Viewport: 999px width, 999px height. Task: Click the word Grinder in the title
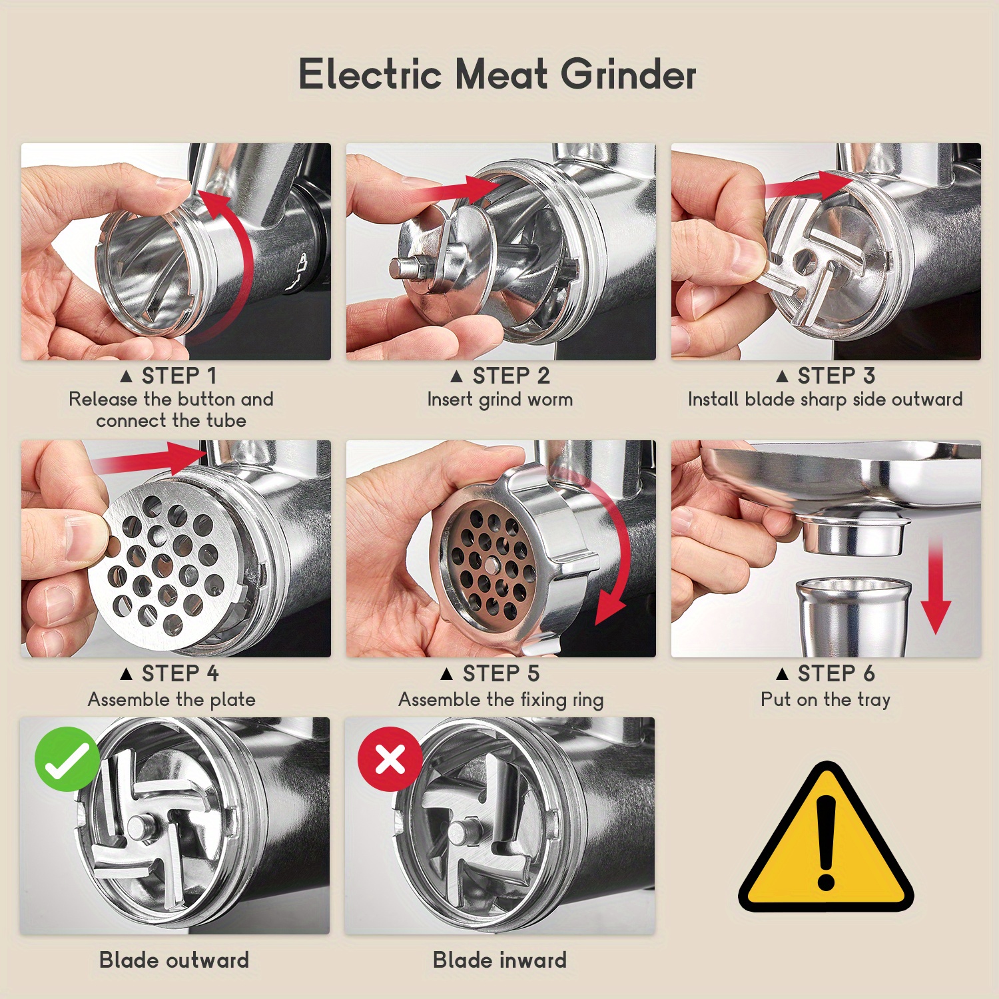click(628, 74)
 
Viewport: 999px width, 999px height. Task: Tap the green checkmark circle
click(67, 759)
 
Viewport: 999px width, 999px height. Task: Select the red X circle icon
click(390, 759)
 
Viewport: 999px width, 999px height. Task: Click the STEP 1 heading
click(169, 376)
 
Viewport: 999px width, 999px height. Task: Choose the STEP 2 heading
click(500, 376)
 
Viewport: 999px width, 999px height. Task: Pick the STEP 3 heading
click(826, 376)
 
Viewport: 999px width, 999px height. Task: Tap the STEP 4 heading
click(169, 673)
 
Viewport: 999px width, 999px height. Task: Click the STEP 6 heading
click(826, 673)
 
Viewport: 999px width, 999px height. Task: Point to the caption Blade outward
click(174, 960)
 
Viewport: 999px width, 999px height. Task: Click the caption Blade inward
click(499, 960)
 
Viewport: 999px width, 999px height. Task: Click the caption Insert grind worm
click(500, 400)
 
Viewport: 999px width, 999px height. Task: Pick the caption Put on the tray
click(826, 699)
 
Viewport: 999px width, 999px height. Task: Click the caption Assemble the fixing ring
click(501, 699)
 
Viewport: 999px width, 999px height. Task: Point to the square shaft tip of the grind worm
click(402, 269)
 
